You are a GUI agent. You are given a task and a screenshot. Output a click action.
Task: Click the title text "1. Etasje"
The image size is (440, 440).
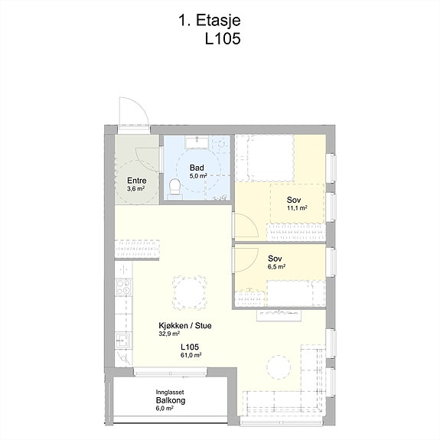tap(210, 21)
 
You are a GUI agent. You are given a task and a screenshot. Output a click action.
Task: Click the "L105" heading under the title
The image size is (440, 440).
tap(223, 38)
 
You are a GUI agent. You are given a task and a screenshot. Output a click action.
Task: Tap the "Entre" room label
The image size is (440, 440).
tap(137, 181)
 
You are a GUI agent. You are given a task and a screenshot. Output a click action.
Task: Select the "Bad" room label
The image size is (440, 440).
tap(197, 168)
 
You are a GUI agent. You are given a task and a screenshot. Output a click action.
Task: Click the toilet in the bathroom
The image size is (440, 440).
tap(174, 186)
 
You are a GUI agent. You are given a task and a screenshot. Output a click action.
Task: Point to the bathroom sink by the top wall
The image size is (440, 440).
tap(197, 142)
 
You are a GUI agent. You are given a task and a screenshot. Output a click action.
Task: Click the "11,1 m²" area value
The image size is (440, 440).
tap(297, 208)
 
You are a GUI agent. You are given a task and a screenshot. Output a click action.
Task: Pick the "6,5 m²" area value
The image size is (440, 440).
tap(277, 266)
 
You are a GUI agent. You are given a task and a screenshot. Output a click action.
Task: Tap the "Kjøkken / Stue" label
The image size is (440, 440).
tap(185, 326)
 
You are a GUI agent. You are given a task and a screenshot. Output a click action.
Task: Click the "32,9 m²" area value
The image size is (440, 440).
tap(169, 334)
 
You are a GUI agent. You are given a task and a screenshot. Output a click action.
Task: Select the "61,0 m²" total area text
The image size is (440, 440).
tap(191, 355)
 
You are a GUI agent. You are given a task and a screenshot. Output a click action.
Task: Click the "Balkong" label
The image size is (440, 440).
tap(171, 400)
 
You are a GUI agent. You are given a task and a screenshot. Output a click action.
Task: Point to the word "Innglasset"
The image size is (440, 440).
tap(170, 393)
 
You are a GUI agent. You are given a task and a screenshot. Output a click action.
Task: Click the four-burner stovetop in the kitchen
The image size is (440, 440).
tap(123, 287)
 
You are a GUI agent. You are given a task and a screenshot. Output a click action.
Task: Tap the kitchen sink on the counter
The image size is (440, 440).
tap(122, 341)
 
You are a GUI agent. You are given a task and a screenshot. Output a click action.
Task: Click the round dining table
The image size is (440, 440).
tap(190, 293)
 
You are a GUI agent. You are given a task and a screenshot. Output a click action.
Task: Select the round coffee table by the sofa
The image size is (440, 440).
tap(279, 367)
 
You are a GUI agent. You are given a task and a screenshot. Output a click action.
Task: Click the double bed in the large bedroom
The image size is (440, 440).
tap(265, 158)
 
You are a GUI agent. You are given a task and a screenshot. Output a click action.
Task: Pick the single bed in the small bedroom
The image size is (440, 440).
tap(296, 293)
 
